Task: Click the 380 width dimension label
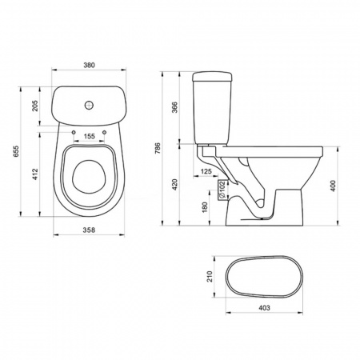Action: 89,65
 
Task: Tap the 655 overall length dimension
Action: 17,151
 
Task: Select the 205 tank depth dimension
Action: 35,106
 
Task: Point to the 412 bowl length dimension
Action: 35,174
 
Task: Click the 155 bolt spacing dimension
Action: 89,136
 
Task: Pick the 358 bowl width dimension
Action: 89,230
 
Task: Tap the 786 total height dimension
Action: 158,149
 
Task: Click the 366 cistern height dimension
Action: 174,107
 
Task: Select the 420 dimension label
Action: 174,185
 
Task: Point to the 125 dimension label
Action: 206,171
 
